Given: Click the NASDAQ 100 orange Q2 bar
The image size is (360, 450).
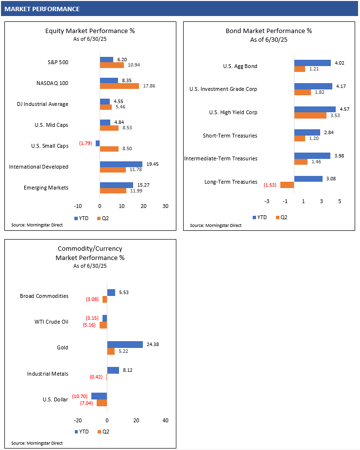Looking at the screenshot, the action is (120, 86).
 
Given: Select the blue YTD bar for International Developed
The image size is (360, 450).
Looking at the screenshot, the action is (121, 164).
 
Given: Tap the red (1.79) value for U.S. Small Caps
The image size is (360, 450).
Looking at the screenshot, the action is (86, 143).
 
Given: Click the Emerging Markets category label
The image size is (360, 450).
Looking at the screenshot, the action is (46, 188).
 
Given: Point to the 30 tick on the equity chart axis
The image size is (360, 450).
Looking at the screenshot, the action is (166, 206).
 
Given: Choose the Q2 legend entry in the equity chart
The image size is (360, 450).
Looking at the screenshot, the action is (103, 218).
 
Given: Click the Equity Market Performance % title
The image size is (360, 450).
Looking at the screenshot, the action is (90, 31).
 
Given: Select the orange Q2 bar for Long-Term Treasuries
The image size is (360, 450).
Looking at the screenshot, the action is (287, 185).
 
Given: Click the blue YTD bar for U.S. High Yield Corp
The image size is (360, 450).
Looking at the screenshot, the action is (315, 109).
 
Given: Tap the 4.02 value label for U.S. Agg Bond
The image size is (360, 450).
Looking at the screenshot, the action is (340, 63).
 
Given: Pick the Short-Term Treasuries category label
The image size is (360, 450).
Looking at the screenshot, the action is (230, 136).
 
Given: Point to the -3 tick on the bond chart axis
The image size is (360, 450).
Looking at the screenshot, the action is (267, 201).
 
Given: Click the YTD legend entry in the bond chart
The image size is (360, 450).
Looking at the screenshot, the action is (259, 217).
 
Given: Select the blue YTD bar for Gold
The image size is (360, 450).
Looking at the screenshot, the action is (125, 345).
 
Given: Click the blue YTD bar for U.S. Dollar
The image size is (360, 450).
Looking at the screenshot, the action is (99, 396).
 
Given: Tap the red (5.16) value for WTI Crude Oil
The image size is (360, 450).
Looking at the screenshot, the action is (89, 325).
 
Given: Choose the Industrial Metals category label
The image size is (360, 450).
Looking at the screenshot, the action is (48, 374).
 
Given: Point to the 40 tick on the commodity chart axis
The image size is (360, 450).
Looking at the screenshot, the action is (166, 420).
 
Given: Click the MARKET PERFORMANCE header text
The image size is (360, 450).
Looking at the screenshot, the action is (42, 9).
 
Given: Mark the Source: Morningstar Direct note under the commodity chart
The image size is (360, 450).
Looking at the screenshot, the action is (37, 443).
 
